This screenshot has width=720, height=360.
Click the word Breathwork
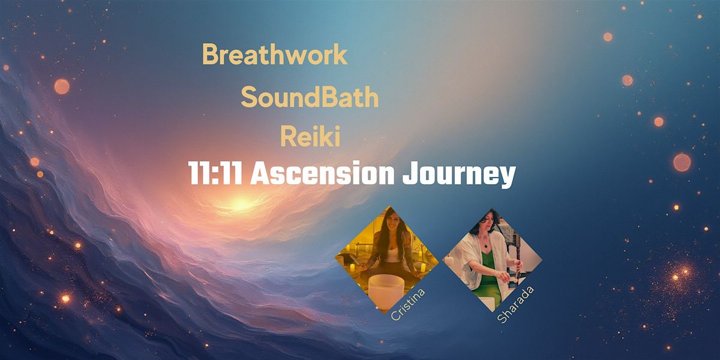tap(275, 55)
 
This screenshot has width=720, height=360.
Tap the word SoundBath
tap(310, 97)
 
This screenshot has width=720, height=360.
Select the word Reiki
tap(310, 137)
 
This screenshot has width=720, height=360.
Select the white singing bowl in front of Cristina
tap(386, 288)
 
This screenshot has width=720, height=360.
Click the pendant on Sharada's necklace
tap(485, 245)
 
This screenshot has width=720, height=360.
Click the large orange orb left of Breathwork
tap(61, 86)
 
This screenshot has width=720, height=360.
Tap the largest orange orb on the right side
tap(682, 162)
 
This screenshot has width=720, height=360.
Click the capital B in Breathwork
tap(210, 55)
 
